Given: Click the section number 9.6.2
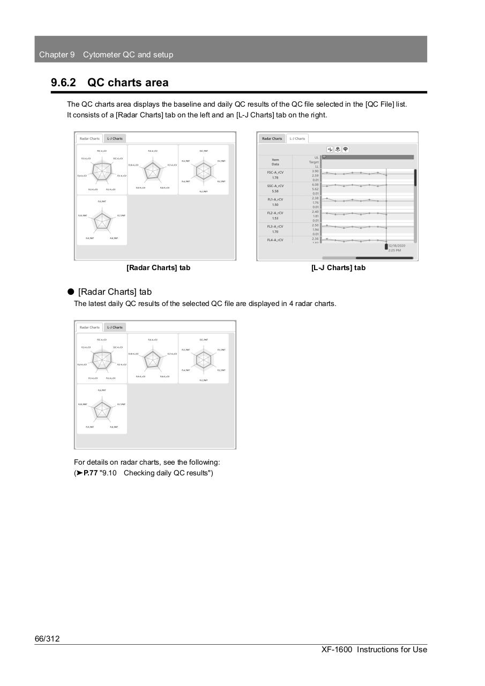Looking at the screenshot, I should click(63, 83).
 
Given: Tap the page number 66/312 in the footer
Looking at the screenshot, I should click(47, 638).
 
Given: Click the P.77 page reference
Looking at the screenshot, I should click(91, 473).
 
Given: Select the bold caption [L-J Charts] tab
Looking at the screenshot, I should click(338, 267).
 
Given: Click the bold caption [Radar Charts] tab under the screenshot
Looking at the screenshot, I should click(158, 267).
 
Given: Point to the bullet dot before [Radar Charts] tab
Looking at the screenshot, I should click(70, 292).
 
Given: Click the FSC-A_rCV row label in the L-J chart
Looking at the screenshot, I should click(275, 172).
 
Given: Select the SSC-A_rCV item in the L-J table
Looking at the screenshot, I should click(275, 186).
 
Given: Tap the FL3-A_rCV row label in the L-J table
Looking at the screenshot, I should click(275, 227).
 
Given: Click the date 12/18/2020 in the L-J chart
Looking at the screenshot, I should click(397, 245).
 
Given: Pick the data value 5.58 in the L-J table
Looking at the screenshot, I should click(275, 191).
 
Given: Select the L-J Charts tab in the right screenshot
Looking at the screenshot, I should click(297, 138).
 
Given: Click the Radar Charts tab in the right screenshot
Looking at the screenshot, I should click(272, 138).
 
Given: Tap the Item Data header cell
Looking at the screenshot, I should click(275, 161).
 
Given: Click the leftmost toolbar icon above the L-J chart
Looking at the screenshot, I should click(330, 150).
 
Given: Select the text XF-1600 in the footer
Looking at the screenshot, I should click(337, 650).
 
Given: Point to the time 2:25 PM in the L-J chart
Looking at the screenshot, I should click(394, 250).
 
